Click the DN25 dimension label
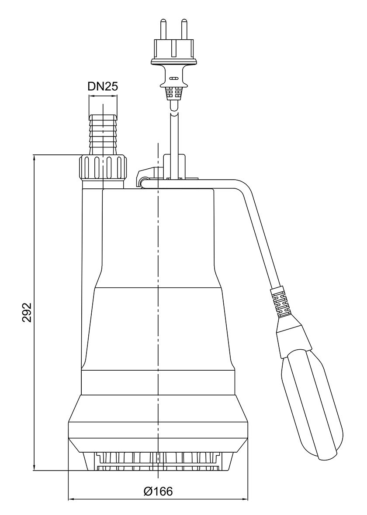pyautogui.click(x=103, y=86)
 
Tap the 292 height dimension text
pyautogui.click(x=27, y=312)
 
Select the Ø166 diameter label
pyautogui.click(x=158, y=491)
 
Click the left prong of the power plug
pyautogui.click(x=163, y=28)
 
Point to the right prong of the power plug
pyautogui.click(x=184, y=28)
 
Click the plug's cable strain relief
pyautogui.click(x=173, y=93)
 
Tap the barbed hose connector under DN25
pyautogui.click(x=103, y=133)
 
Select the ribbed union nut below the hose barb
pyautogui.click(x=103, y=168)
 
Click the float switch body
pyautogui.click(x=311, y=392)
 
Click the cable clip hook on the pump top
pyautogui.click(x=142, y=179)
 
